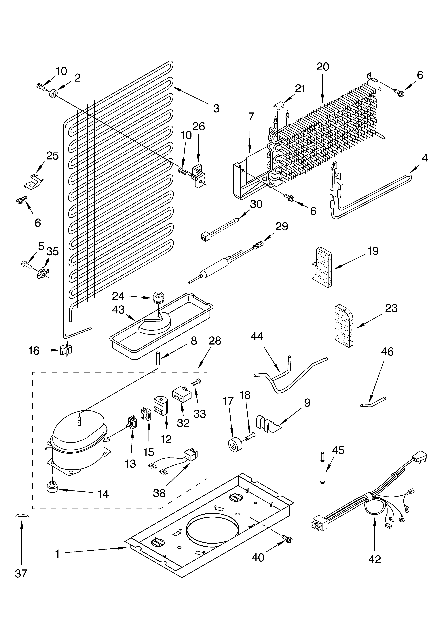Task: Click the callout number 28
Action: click(x=215, y=341)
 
